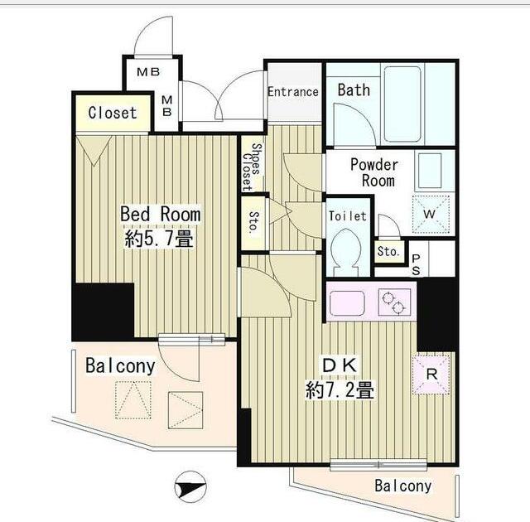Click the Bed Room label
(x=160, y=214)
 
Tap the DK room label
(x=340, y=365)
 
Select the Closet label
(x=113, y=113)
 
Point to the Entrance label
(x=293, y=92)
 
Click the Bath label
(x=354, y=90)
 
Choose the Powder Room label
(x=375, y=172)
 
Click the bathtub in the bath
(x=402, y=104)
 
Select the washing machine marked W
(x=431, y=215)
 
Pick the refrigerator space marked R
(x=431, y=375)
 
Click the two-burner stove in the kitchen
(x=394, y=302)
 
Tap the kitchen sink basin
(x=347, y=302)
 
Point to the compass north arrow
(x=190, y=487)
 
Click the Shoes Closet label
(x=253, y=167)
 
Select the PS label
(x=416, y=264)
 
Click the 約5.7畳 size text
(x=159, y=239)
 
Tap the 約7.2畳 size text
(x=340, y=390)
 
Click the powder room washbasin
(x=430, y=170)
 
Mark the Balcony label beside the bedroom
(x=120, y=366)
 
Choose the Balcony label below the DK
(x=403, y=486)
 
